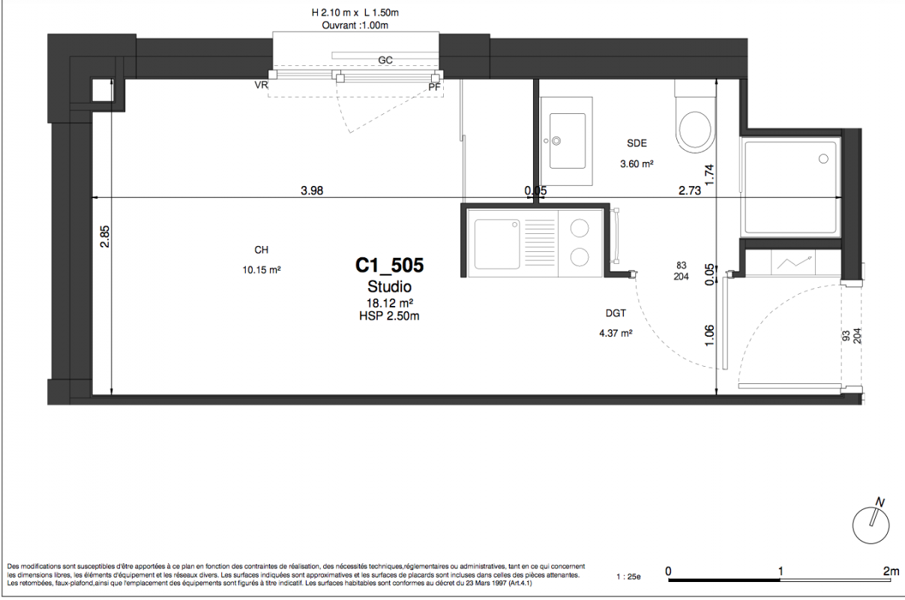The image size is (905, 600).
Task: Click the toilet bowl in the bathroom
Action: point(695,129)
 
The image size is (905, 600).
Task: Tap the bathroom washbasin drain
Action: point(556,141)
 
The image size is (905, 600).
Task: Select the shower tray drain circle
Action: point(823,159)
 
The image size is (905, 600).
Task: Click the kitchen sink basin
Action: point(497,244)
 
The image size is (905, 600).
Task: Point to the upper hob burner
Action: point(580,228)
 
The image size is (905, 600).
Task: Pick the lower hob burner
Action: point(580,257)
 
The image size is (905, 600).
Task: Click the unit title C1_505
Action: point(389,265)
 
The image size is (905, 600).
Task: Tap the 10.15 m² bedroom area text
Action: point(262,270)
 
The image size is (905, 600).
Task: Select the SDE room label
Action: point(637,143)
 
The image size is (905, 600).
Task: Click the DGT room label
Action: point(616,313)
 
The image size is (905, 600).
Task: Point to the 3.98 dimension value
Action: point(312,190)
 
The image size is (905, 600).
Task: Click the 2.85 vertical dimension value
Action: point(105,236)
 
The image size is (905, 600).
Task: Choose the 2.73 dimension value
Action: point(690,190)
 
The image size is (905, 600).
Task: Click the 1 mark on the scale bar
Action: point(781,571)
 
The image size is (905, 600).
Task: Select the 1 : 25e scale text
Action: point(628,577)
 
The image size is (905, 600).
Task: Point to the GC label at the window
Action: point(385,60)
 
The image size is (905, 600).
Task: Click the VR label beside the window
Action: point(261,85)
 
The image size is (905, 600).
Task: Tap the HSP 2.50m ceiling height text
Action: point(389,316)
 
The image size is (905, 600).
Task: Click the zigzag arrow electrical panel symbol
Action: point(794,262)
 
